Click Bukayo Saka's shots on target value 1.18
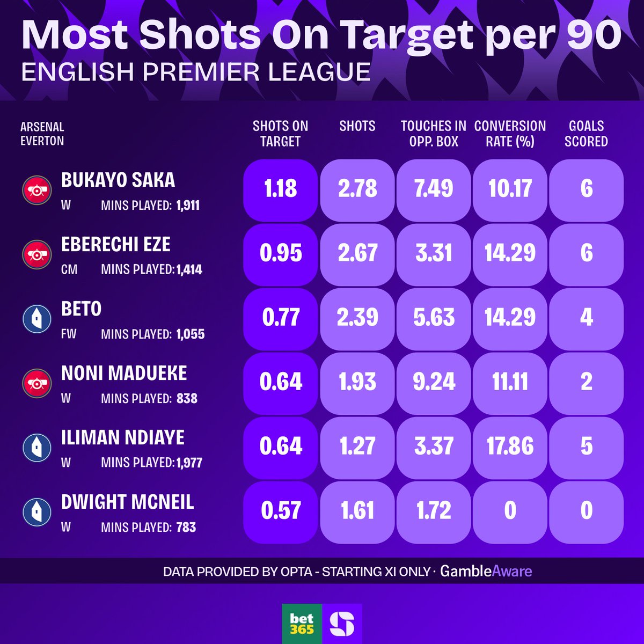280,189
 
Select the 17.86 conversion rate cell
510,446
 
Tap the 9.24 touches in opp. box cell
434,382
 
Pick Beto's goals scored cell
587,317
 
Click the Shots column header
357,126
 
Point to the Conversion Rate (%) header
510,134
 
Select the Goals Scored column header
586,134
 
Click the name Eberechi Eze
116,245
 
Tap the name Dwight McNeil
128,502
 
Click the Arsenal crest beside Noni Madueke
36,382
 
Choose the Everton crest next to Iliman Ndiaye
36,447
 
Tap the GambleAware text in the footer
486,571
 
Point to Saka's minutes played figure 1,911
188,206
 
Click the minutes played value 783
186,528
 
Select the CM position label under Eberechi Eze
69,269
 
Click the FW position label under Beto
69,334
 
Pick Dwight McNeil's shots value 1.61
357,510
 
